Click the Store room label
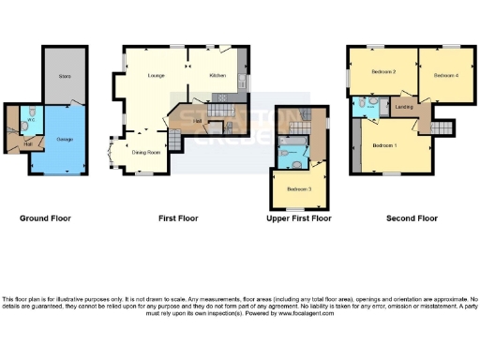(64, 75)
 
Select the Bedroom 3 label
(298, 188)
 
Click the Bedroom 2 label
(382, 72)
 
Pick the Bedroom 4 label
(446, 74)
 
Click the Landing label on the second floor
(406, 108)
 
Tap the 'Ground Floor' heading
(45, 218)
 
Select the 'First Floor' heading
(174, 218)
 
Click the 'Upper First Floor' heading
(299, 218)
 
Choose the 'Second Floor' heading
(412, 218)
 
